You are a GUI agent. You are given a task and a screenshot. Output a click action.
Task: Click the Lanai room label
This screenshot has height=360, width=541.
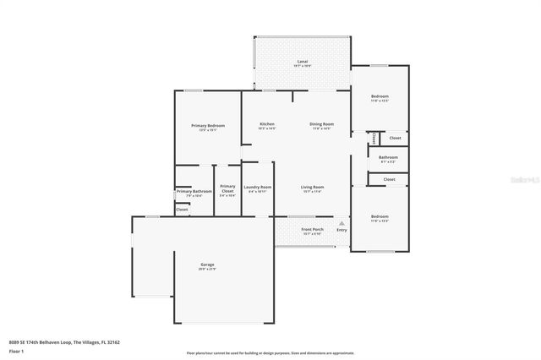302,63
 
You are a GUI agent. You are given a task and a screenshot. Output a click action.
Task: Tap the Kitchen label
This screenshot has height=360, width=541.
266,124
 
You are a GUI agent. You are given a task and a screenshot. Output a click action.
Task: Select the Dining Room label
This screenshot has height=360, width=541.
322,124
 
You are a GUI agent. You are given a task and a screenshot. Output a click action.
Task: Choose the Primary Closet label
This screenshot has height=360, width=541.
227,187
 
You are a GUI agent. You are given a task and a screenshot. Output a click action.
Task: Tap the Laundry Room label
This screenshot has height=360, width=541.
257,187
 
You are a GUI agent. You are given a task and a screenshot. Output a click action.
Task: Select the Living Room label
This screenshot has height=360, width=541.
313,187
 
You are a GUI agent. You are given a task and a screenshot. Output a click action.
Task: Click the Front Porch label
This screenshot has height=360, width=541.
313,229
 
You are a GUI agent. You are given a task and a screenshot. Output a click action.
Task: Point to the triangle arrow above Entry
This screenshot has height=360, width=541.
342,223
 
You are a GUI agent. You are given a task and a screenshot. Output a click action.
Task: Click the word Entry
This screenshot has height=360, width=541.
342,230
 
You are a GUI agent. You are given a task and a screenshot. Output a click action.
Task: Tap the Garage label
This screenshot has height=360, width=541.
207,265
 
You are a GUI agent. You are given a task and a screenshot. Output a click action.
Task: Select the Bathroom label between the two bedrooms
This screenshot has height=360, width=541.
388,156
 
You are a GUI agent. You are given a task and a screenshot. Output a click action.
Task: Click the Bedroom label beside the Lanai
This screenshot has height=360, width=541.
380,96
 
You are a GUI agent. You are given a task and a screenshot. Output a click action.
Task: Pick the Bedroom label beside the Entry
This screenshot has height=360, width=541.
380,217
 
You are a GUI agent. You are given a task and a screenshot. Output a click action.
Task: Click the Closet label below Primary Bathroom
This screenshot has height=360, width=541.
182,209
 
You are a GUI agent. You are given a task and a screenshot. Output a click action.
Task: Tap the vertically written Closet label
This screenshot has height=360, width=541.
373,137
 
